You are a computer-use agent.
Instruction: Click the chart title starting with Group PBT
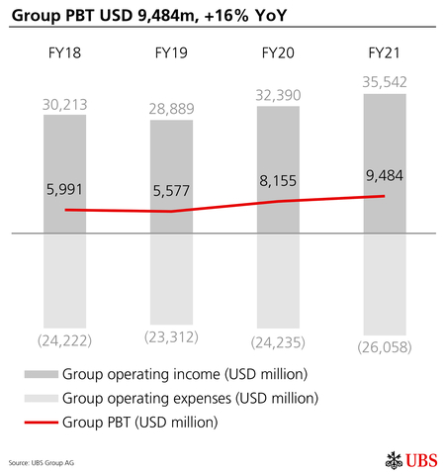142,15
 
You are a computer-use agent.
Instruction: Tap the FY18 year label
64,53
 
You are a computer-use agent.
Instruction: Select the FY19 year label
171,53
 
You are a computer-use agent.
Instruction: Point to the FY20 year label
278,53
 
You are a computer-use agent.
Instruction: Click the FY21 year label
384,53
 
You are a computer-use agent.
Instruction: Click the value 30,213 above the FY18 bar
64,104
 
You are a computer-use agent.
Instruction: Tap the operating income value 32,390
278,95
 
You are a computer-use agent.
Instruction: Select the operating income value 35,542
384,82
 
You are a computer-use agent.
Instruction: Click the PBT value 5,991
64,188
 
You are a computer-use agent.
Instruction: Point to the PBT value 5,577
171,188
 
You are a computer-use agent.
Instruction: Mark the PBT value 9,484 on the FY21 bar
384,174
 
